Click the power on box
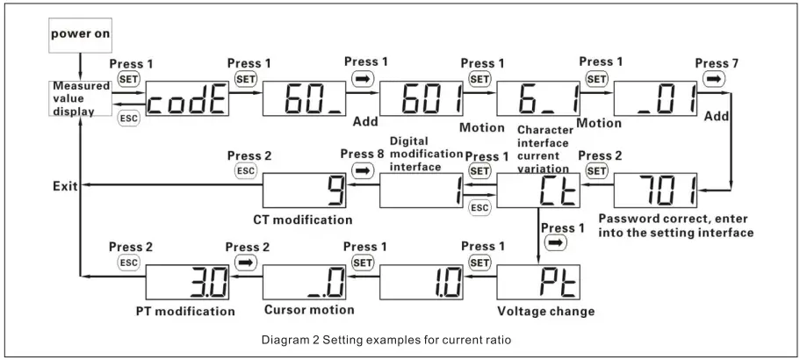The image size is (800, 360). [80, 35]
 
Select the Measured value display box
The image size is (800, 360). [80, 99]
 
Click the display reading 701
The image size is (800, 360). [656, 190]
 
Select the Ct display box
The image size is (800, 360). [538, 190]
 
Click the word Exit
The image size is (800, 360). [64, 185]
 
